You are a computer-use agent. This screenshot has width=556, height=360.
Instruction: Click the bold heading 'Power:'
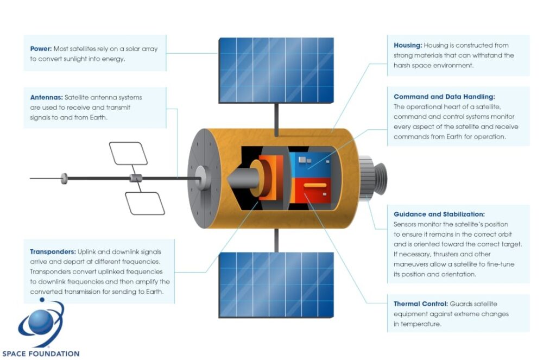[x=41, y=49]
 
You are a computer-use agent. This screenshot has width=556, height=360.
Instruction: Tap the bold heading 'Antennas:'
[x=47, y=98]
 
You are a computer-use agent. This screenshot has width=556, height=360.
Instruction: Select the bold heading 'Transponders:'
[x=53, y=252]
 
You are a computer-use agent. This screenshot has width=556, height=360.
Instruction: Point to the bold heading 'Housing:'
[x=408, y=45]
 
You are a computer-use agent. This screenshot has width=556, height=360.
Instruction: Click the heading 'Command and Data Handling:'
[x=444, y=97]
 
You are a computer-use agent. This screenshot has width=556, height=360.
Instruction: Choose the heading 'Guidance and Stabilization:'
[x=439, y=214]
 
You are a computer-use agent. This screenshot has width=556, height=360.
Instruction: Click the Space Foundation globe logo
[x=40, y=325]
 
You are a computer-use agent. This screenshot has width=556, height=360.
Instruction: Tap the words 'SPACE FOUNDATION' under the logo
[x=41, y=353]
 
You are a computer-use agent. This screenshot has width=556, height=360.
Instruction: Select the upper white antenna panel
[x=129, y=153]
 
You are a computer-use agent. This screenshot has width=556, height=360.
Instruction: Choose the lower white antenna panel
[x=145, y=203]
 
